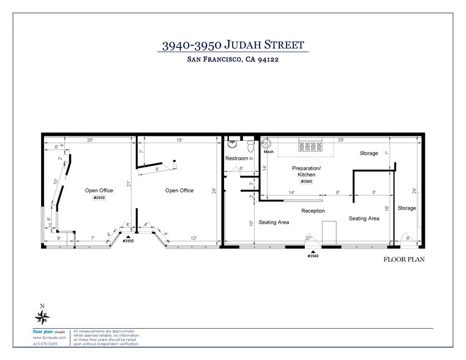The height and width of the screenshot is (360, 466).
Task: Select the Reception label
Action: coord(312,211)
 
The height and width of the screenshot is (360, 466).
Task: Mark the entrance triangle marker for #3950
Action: coord(128,236)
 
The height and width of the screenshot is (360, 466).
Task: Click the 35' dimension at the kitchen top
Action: coord(340,140)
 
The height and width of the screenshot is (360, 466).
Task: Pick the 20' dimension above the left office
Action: coord(90,140)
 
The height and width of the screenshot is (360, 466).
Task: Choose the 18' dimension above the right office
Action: coord(179,140)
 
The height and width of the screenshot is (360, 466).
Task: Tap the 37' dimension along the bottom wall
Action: coord(309,238)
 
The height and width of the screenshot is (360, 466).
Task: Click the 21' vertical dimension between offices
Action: coord(130,183)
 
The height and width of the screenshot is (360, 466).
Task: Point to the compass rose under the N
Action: coord(42,317)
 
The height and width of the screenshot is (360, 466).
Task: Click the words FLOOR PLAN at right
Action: coord(404,259)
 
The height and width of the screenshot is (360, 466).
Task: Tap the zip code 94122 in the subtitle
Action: coord(268,60)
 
